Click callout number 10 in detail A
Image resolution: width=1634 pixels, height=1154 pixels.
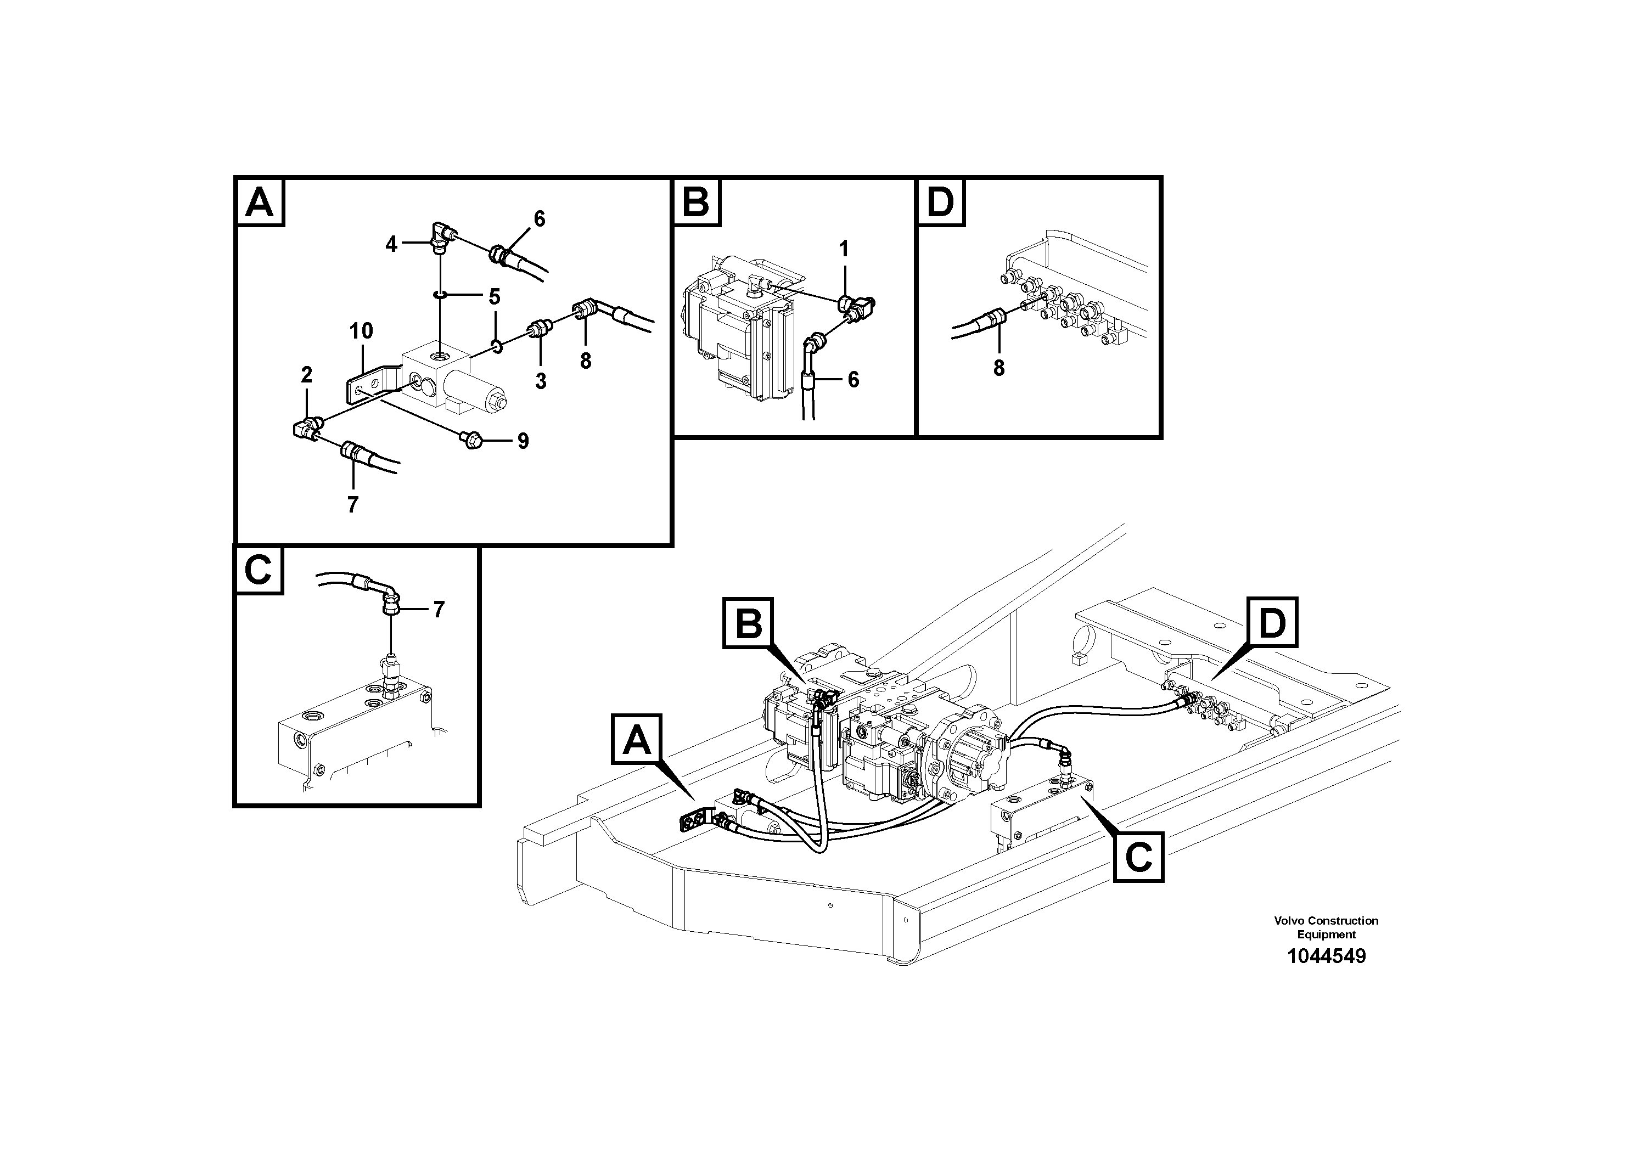(x=361, y=331)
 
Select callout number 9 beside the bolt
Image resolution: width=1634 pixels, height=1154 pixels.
(x=523, y=442)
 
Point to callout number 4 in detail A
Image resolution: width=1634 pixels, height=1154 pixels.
(x=391, y=244)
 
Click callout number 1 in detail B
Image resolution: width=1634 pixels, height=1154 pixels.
(x=843, y=249)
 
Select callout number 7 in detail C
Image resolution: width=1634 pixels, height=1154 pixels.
(x=439, y=610)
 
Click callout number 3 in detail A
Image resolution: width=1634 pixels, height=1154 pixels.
(x=541, y=381)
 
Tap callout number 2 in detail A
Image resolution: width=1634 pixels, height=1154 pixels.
(x=307, y=374)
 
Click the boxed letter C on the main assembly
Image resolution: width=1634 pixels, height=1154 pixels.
(x=1138, y=857)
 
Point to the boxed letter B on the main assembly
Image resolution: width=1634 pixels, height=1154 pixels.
(x=748, y=624)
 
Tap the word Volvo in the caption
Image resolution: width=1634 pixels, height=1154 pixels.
(x=1289, y=921)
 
